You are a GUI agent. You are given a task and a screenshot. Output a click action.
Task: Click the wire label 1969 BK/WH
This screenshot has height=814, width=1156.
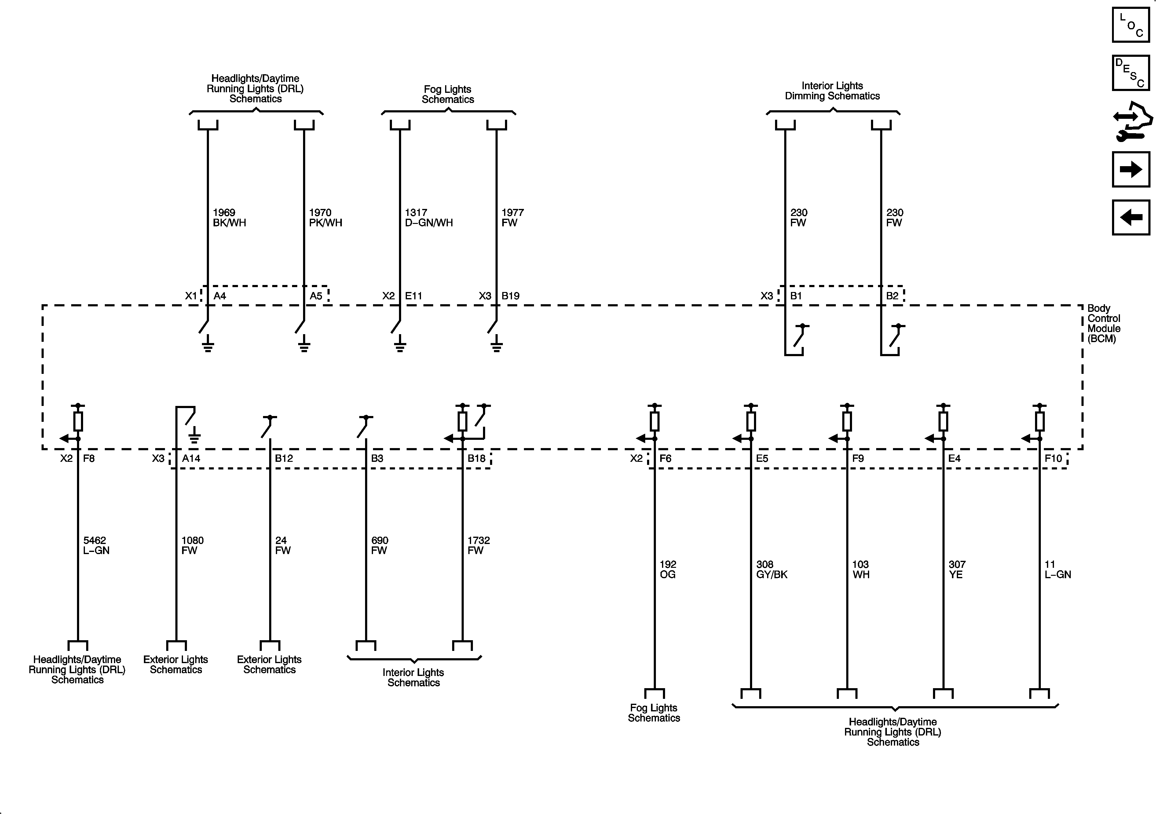point(229,217)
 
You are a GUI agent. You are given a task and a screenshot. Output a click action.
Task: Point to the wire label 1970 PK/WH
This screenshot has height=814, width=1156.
point(325,217)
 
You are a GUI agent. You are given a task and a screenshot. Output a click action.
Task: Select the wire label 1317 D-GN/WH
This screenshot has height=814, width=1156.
point(429,217)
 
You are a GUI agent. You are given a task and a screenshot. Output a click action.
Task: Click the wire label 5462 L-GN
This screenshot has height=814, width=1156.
point(96,545)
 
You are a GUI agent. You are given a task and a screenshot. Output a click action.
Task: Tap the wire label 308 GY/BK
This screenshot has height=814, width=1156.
point(771,569)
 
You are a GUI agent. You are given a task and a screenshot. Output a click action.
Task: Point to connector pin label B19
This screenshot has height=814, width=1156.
point(510,296)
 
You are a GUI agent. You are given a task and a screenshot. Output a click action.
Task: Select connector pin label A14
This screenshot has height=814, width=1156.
point(191,458)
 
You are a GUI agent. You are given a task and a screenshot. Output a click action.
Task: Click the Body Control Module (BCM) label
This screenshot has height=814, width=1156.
point(1104,323)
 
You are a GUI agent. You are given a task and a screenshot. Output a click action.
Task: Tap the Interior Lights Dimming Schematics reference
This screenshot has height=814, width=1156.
point(832,91)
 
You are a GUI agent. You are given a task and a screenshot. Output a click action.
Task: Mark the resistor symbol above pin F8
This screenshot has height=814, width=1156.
point(78,421)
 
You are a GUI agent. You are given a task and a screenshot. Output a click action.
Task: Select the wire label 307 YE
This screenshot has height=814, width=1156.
point(957,569)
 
